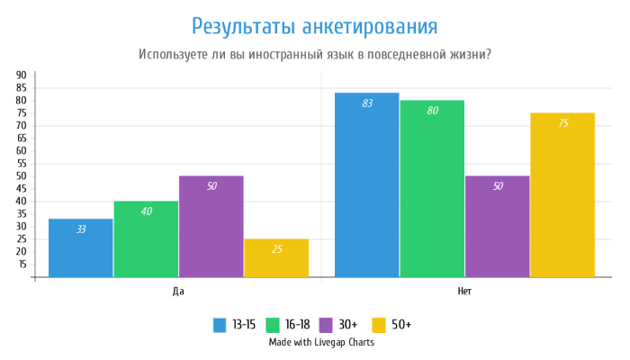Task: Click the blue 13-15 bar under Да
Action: (81, 247)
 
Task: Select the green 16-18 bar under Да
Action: (146, 238)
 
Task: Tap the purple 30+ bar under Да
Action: (211, 226)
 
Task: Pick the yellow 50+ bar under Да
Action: (276, 257)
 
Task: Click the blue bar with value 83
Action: (366, 184)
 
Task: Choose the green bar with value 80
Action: (432, 188)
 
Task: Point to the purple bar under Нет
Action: (497, 226)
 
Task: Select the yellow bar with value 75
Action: (562, 194)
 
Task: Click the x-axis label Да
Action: (178, 292)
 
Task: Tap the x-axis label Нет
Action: (464, 292)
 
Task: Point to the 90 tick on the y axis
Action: (21, 76)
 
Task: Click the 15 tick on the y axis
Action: (21, 265)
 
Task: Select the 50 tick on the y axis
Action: (21, 176)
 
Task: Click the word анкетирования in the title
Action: (370, 25)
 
